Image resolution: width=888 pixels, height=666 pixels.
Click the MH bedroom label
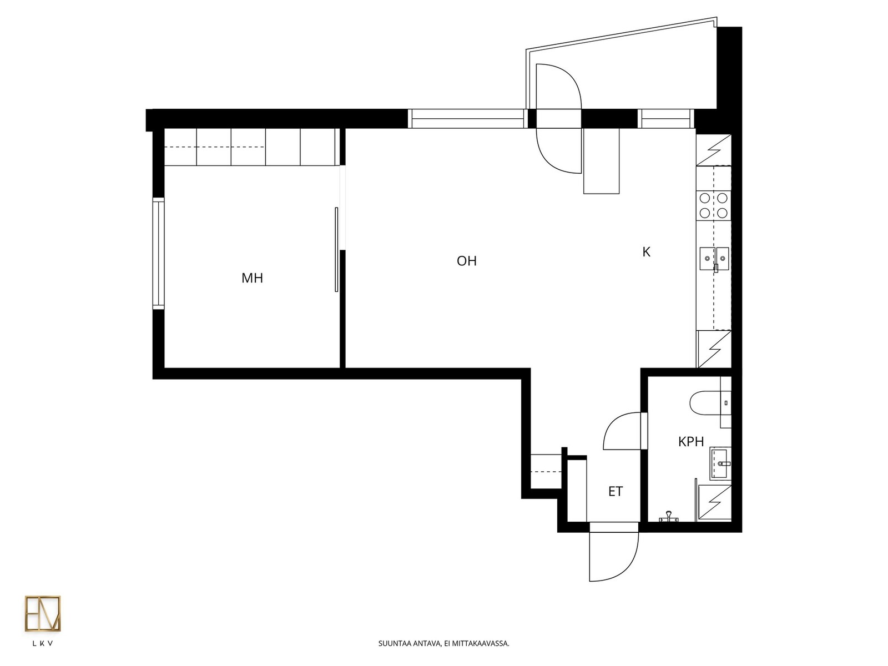(x=252, y=278)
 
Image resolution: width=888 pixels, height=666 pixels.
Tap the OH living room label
(x=466, y=261)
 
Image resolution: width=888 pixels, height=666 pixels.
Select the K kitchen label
(x=646, y=252)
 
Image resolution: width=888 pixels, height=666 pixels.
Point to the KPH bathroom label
(x=691, y=442)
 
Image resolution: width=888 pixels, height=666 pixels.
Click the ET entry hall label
(x=615, y=491)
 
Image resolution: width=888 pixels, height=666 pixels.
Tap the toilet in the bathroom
(x=710, y=403)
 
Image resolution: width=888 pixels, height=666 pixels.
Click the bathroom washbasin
(x=720, y=463)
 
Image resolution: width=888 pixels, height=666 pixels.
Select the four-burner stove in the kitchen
(x=714, y=205)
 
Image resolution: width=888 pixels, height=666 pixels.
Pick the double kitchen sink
(x=714, y=259)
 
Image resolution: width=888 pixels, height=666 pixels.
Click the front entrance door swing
(x=614, y=557)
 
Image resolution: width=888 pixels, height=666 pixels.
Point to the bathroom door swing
(x=622, y=431)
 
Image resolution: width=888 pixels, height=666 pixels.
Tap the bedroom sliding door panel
(x=336, y=250)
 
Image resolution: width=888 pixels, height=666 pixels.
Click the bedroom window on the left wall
(x=158, y=254)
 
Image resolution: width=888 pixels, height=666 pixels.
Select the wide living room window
(x=468, y=118)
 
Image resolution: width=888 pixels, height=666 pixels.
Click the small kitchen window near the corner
(x=666, y=118)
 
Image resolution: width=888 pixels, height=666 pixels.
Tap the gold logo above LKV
(x=43, y=613)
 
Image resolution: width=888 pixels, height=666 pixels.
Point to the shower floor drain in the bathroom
(x=668, y=516)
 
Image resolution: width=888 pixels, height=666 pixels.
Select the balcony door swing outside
(x=558, y=86)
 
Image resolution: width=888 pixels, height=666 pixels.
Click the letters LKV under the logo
(x=43, y=643)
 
